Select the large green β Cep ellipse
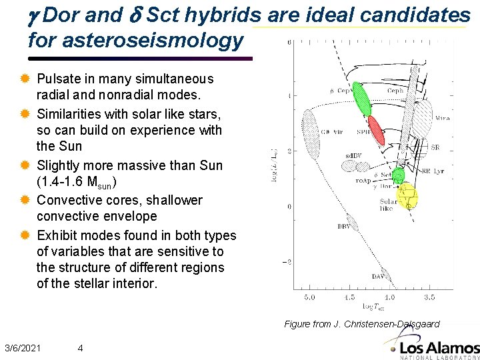(x=361, y=98)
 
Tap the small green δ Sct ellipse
(x=398, y=175)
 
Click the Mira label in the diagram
(x=443, y=117)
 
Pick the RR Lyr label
(x=435, y=171)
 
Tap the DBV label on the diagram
(x=343, y=227)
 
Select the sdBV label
(x=353, y=155)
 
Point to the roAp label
(x=364, y=180)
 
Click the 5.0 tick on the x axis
(x=309, y=297)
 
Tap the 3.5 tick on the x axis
(x=430, y=297)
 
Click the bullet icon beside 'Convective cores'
(x=26, y=200)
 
